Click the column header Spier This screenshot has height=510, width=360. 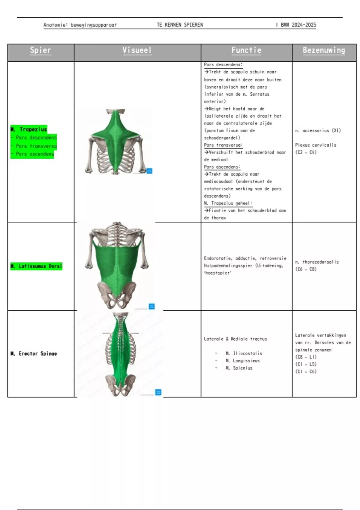40,50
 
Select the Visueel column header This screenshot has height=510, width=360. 137,50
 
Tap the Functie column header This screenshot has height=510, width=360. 246,50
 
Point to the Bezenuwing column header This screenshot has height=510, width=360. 324,50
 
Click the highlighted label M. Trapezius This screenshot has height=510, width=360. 29,129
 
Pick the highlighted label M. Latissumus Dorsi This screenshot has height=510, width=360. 36,266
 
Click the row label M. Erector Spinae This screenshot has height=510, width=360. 34,354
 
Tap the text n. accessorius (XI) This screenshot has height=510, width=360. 318,130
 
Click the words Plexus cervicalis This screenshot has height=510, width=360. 316,145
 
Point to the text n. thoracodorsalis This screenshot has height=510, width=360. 317,262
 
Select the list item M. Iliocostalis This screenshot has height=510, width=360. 244,353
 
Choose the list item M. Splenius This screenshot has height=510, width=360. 239,368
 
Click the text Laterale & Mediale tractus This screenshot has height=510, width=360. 235,339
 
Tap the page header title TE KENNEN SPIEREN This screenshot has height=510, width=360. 180,25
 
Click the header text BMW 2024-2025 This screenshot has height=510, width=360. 298,25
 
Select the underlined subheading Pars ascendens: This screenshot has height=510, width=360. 222,167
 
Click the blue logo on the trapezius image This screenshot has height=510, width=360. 149,171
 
